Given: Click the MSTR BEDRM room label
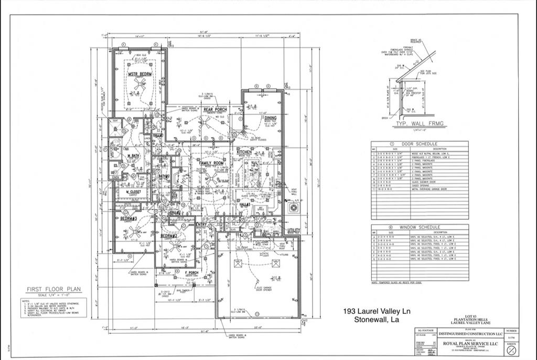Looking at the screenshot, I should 140,74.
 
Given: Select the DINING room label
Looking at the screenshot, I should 270,119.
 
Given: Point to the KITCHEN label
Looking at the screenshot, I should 244,152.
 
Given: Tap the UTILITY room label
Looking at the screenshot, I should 294,230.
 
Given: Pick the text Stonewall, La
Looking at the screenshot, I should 377,320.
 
